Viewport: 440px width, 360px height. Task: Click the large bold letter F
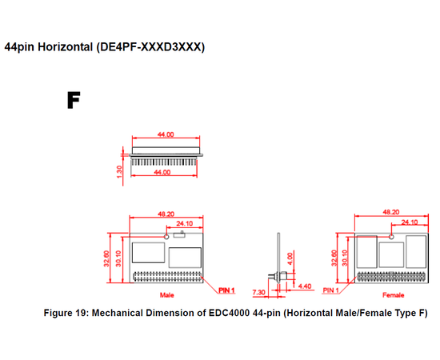click(74, 100)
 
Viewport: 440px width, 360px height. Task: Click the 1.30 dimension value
click(119, 172)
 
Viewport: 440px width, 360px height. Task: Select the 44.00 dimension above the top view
click(166, 134)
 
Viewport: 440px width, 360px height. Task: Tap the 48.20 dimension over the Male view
click(166, 214)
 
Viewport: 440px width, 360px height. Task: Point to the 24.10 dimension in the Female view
click(410, 222)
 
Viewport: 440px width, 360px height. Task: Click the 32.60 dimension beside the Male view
click(106, 258)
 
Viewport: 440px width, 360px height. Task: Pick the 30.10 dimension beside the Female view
click(345, 258)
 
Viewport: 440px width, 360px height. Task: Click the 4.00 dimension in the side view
click(290, 258)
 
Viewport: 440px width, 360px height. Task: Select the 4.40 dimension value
click(305, 286)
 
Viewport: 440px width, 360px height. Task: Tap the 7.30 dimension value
click(258, 292)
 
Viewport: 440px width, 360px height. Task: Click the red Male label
click(167, 295)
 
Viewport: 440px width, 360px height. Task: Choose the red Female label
click(393, 295)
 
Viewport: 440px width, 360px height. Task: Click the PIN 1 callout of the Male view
click(226, 290)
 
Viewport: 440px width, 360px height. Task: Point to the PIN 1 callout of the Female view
click(331, 290)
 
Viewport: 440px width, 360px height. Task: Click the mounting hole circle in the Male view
click(166, 237)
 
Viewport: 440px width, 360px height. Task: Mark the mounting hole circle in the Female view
click(392, 237)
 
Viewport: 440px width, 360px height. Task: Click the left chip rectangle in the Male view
click(148, 253)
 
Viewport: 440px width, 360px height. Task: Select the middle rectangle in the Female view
click(391, 254)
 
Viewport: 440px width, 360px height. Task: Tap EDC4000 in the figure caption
click(229, 313)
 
